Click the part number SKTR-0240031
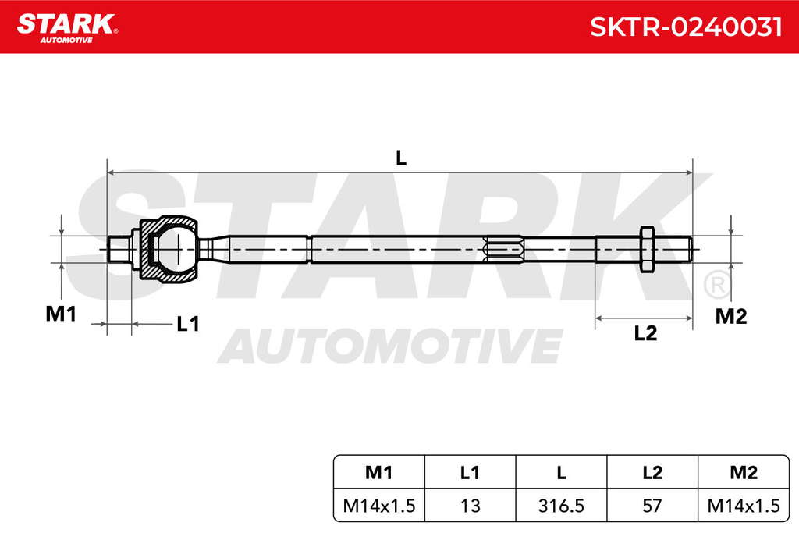[x=686, y=27]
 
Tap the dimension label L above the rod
[x=401, y=158]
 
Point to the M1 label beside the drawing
[x=61, y=314]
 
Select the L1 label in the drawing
[x=187, y=324]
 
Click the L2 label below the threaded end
[x=645, y=333]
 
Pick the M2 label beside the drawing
[x=730, y=316]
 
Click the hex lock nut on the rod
[x=647, y=249]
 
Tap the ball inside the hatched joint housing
[x=176, y=249]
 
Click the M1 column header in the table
[x=378, y=473]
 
